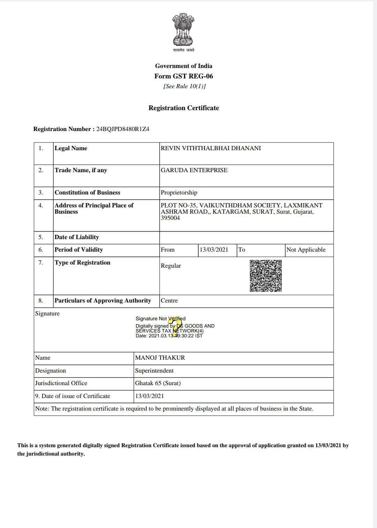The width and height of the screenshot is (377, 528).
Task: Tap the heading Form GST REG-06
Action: [184, 76]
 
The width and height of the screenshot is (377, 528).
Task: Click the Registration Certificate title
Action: [184, 108]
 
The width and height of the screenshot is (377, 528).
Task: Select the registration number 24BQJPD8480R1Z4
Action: [123, 129]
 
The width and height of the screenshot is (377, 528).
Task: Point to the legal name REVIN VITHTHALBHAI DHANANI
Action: [210, 148]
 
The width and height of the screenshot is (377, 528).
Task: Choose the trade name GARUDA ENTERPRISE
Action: [194, 170]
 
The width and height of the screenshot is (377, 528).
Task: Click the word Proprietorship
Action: [179, 192]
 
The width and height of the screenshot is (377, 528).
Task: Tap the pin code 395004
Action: [170, 218]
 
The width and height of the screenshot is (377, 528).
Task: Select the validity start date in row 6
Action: [214, 250]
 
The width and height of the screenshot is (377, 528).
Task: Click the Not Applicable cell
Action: [306, 250]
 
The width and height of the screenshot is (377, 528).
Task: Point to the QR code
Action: [266, 275]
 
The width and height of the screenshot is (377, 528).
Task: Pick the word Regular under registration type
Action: [171, 266]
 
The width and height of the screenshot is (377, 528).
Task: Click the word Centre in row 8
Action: [169, 300]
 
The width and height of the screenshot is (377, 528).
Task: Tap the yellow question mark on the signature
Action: [177, 327]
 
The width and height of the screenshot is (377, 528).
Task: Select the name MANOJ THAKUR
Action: [160, 358]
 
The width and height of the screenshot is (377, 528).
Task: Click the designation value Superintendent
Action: [154, 370]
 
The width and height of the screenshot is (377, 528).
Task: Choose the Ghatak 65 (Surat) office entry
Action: [158, 383]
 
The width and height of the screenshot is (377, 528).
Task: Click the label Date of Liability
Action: [77, 237]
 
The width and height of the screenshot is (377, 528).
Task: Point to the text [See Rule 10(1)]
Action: [184, 86]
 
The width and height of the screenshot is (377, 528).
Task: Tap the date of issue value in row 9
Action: [149, 396]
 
